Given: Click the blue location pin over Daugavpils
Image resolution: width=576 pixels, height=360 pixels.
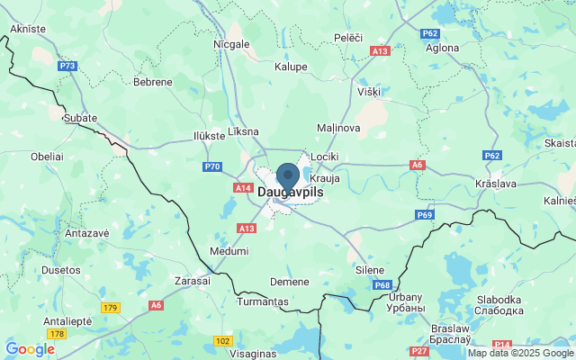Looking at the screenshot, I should tap(288, 175).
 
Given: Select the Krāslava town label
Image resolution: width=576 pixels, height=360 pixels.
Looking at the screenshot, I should tap(495, 184).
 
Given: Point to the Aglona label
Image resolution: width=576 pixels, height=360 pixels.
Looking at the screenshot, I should tap(442, 48).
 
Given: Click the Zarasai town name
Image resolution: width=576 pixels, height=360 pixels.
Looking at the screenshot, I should tap(192, 281).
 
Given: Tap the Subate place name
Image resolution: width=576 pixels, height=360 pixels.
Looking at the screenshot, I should tap(79, 118).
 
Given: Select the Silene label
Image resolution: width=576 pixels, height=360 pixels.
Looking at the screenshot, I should tap(369, 270).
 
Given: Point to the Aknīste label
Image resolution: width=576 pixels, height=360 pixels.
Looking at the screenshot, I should tap(27, 29).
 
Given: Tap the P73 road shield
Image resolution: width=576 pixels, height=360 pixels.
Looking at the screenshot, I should tap(67, 66).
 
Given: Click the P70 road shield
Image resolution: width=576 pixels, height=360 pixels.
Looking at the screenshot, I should tap(212, 166).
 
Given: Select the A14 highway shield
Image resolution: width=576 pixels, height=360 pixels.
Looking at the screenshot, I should tap(242, 188).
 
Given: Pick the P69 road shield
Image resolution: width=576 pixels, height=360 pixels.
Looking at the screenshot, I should tap(426, 215).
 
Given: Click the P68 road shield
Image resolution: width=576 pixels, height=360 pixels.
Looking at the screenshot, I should tap(382, 285).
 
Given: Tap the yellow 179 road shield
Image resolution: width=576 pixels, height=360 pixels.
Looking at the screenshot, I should tap(110, 308).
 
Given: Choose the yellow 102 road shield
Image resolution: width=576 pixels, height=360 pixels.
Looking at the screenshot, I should tap(223, 341).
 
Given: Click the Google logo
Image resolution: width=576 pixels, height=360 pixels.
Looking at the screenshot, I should tap(30, 349).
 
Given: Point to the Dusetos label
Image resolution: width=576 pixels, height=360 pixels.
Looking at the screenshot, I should tap(61, 269).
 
